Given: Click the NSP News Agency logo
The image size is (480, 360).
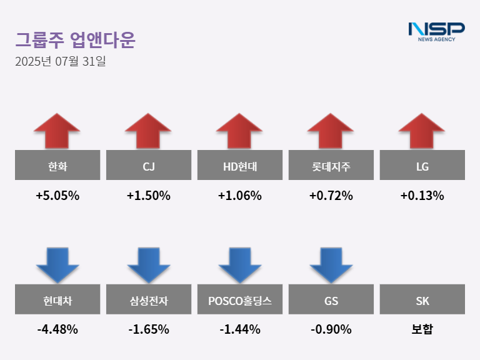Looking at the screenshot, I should tap(436, 31).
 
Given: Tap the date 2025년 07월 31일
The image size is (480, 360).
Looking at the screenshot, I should tap(61, 62).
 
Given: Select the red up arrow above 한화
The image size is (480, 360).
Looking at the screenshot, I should tap(57, 131).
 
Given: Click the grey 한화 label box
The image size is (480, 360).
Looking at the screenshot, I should tap(57, 166).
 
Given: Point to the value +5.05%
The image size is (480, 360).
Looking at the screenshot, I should tap(57, 196).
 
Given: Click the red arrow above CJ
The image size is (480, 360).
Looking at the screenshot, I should tap(148, 131).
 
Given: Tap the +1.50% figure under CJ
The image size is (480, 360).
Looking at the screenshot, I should tap(148, 196).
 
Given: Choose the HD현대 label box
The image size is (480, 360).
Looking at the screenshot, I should tap(239, 166).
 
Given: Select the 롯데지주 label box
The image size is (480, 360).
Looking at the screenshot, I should tap(331, 166).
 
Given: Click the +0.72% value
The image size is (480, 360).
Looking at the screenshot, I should tap(331, 196).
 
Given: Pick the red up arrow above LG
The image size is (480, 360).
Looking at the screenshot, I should tap(422, 131).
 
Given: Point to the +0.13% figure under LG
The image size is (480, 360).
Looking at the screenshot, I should tap(422, 196).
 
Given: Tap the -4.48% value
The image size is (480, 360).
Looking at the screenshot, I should tap(57, 329).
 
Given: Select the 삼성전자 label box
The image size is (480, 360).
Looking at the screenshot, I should tap(148, 300).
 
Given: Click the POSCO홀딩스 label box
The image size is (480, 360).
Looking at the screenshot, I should tap(239, 300).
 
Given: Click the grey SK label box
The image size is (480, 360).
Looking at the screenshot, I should tap(422, 300).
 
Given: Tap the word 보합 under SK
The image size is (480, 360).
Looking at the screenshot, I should tap(422, 329).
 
